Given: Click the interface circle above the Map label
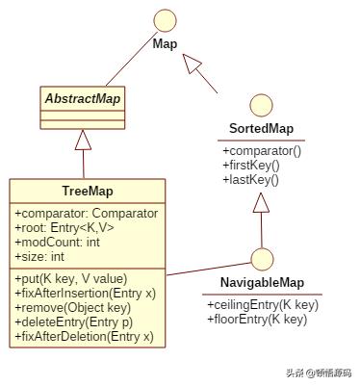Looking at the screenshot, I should coord(165,19).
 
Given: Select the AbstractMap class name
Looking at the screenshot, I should coord(83,99).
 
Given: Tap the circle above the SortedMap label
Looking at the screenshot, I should coord(261,104).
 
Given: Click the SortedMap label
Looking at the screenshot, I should coord(261,130).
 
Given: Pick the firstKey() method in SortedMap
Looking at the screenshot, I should coord(250,166).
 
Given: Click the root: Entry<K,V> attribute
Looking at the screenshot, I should coord(64,227).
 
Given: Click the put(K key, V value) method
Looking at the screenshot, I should coord(70,278).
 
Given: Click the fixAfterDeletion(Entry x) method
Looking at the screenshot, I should coord(84,336).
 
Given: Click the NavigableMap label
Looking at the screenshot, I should coord(261,282).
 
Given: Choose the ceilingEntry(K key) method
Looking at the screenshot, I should coord(263,303).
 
